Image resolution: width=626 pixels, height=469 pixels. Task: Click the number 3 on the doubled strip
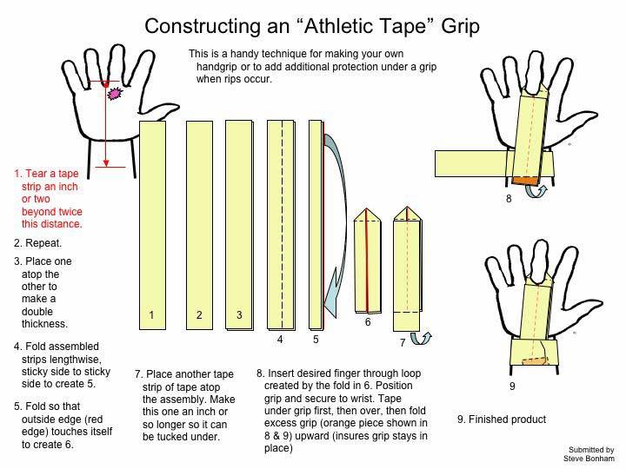click(x=239, y=315)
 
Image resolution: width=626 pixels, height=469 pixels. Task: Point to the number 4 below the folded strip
click(x=280, y=340)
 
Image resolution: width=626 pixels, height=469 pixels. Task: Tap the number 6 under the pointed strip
click(x=367, y=322)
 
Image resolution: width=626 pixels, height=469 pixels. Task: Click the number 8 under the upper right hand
click(x=508, y=199)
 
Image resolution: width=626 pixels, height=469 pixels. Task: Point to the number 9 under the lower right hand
click(x=511, y=385)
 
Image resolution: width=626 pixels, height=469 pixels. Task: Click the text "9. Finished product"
click(x=502, y=419)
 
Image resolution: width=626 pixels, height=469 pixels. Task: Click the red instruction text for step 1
click(x=49, y=199)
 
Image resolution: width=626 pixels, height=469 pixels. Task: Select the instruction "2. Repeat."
click(x=37, y=243)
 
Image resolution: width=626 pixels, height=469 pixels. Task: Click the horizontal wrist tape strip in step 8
click(x=469, y=162)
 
